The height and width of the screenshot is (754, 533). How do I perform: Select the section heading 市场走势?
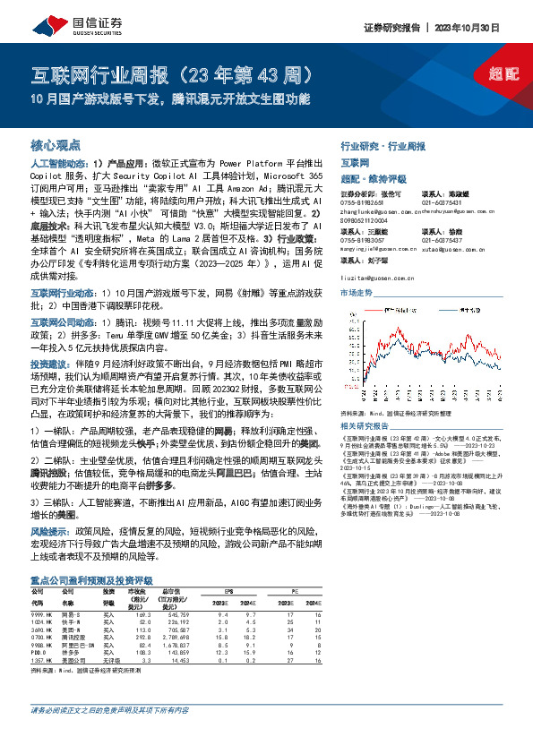(356, 294)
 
